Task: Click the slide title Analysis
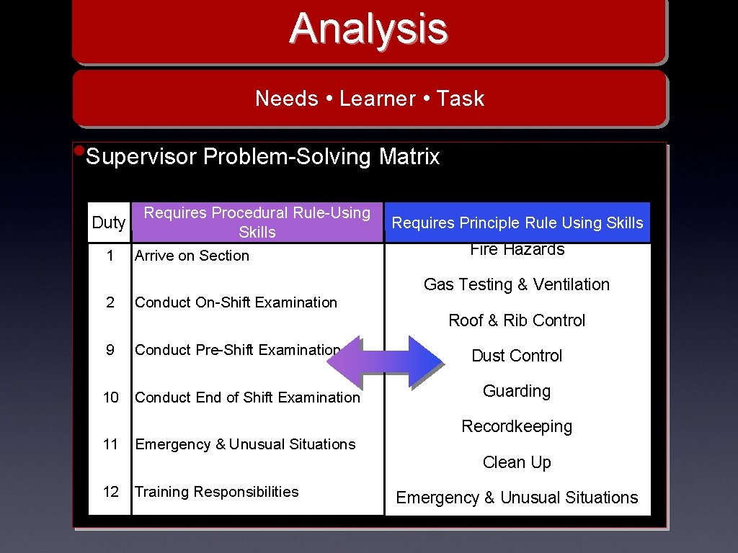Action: pyautogui.click(x=368, y=29)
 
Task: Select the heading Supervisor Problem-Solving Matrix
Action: pyautogui.click(x=262, y=157)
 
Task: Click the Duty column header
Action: pyautogui.click(x=109, y=222)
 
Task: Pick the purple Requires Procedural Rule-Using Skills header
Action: pyautogui.click(x=257, y=222)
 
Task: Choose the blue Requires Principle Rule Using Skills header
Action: pyautogui.click(x=517, y=223)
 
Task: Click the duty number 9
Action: pyautogui.click(x=110, y=350)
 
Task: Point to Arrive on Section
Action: pyautogui.click(x=192, y=256)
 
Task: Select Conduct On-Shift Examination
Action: pyautogui.click(x=236, y=302)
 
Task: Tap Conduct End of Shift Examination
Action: pyautogui.click(x=247, y=397)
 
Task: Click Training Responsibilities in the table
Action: pyautogui.click(x=216, y=492)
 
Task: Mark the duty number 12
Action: pyautogui.click(x=111, y=492)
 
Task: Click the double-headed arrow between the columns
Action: pyautogui.click(x=385, y=361)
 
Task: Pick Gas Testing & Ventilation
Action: pyautogui.click(x=516, y=284)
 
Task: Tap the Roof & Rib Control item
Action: pyautogui.click(x=517, y=320)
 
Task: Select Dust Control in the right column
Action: pyautogui.click(x=517, y=356)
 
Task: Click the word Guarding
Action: pyautogui.click(x=517, y=391)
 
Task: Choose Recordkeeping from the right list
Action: pyautogui.click(x=517, y=426)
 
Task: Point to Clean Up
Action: pyautogui.click(x=517, y=462)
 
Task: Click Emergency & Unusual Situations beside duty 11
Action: pyautogui.click(x=245, y=445)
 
